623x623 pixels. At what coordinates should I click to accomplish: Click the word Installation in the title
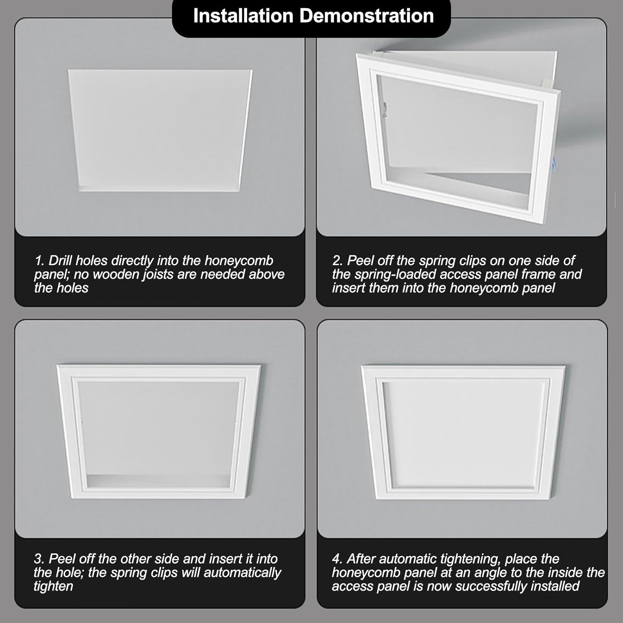(x=243, y=16)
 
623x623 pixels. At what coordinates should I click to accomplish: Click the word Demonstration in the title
(x=366, y=16)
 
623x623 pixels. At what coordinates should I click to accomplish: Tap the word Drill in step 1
(x=61, y=261)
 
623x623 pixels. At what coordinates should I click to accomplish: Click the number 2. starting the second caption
(x=337, y=261)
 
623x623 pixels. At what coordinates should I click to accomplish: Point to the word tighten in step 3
(x=53, y=586)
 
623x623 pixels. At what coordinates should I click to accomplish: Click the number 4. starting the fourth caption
(x=337, y=559)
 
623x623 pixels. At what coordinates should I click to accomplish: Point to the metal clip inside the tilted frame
(x=385, y=107)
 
